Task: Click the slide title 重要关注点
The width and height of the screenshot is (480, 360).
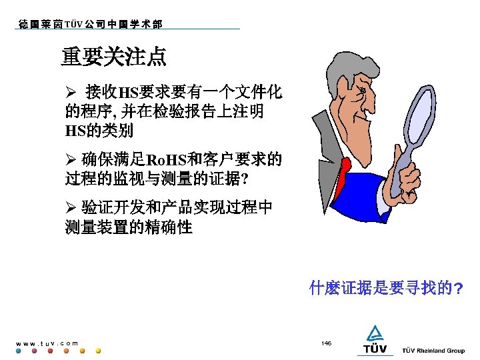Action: (114, 57)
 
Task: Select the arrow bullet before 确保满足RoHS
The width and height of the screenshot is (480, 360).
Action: (70, 160)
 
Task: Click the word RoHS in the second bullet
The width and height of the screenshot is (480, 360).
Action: (166, 161)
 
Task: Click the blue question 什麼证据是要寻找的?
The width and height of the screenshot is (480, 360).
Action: (386, 289)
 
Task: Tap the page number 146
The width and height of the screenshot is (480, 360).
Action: (326, 343)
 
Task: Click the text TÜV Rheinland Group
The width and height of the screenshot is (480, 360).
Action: (433, 351)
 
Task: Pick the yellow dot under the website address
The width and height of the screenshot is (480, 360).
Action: (98, 351)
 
